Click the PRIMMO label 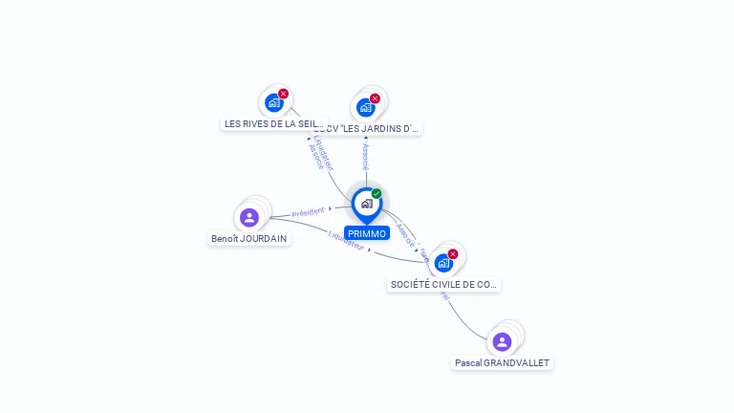tap(367, 233)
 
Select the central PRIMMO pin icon tap(367, 204)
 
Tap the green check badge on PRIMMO tap(377, 194)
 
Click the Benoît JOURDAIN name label tap(248, 238)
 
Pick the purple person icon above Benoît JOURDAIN tap(249, 217)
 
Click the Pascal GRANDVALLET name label tap(503, 363)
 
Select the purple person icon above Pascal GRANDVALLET tap(502, 341)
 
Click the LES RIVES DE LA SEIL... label tap(273, 124)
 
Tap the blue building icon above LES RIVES tap(274, 102)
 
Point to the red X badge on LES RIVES tap(283, 94)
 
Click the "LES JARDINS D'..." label tap(367, 128)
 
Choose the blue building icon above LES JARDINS tap(365, 107)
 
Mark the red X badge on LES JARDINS tap(375, 98)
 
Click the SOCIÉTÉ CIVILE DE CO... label tap(443, 284)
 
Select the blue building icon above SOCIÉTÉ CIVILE tap(443, 262)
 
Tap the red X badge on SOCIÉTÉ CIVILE tap(453, 253)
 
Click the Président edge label tap(309, 210)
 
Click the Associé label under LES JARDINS tap(365, 157)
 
